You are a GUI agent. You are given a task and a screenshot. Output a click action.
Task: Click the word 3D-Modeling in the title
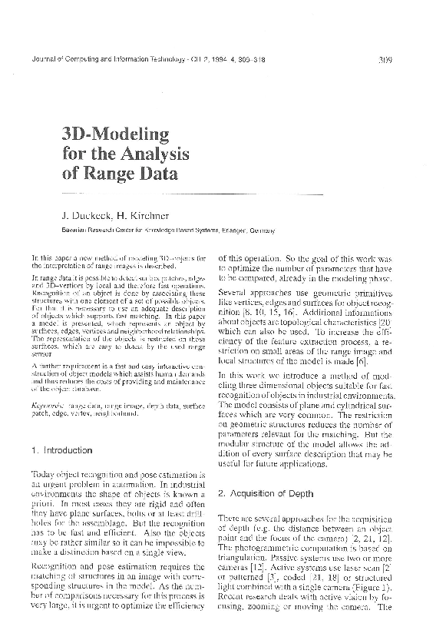tap(114, 134)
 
